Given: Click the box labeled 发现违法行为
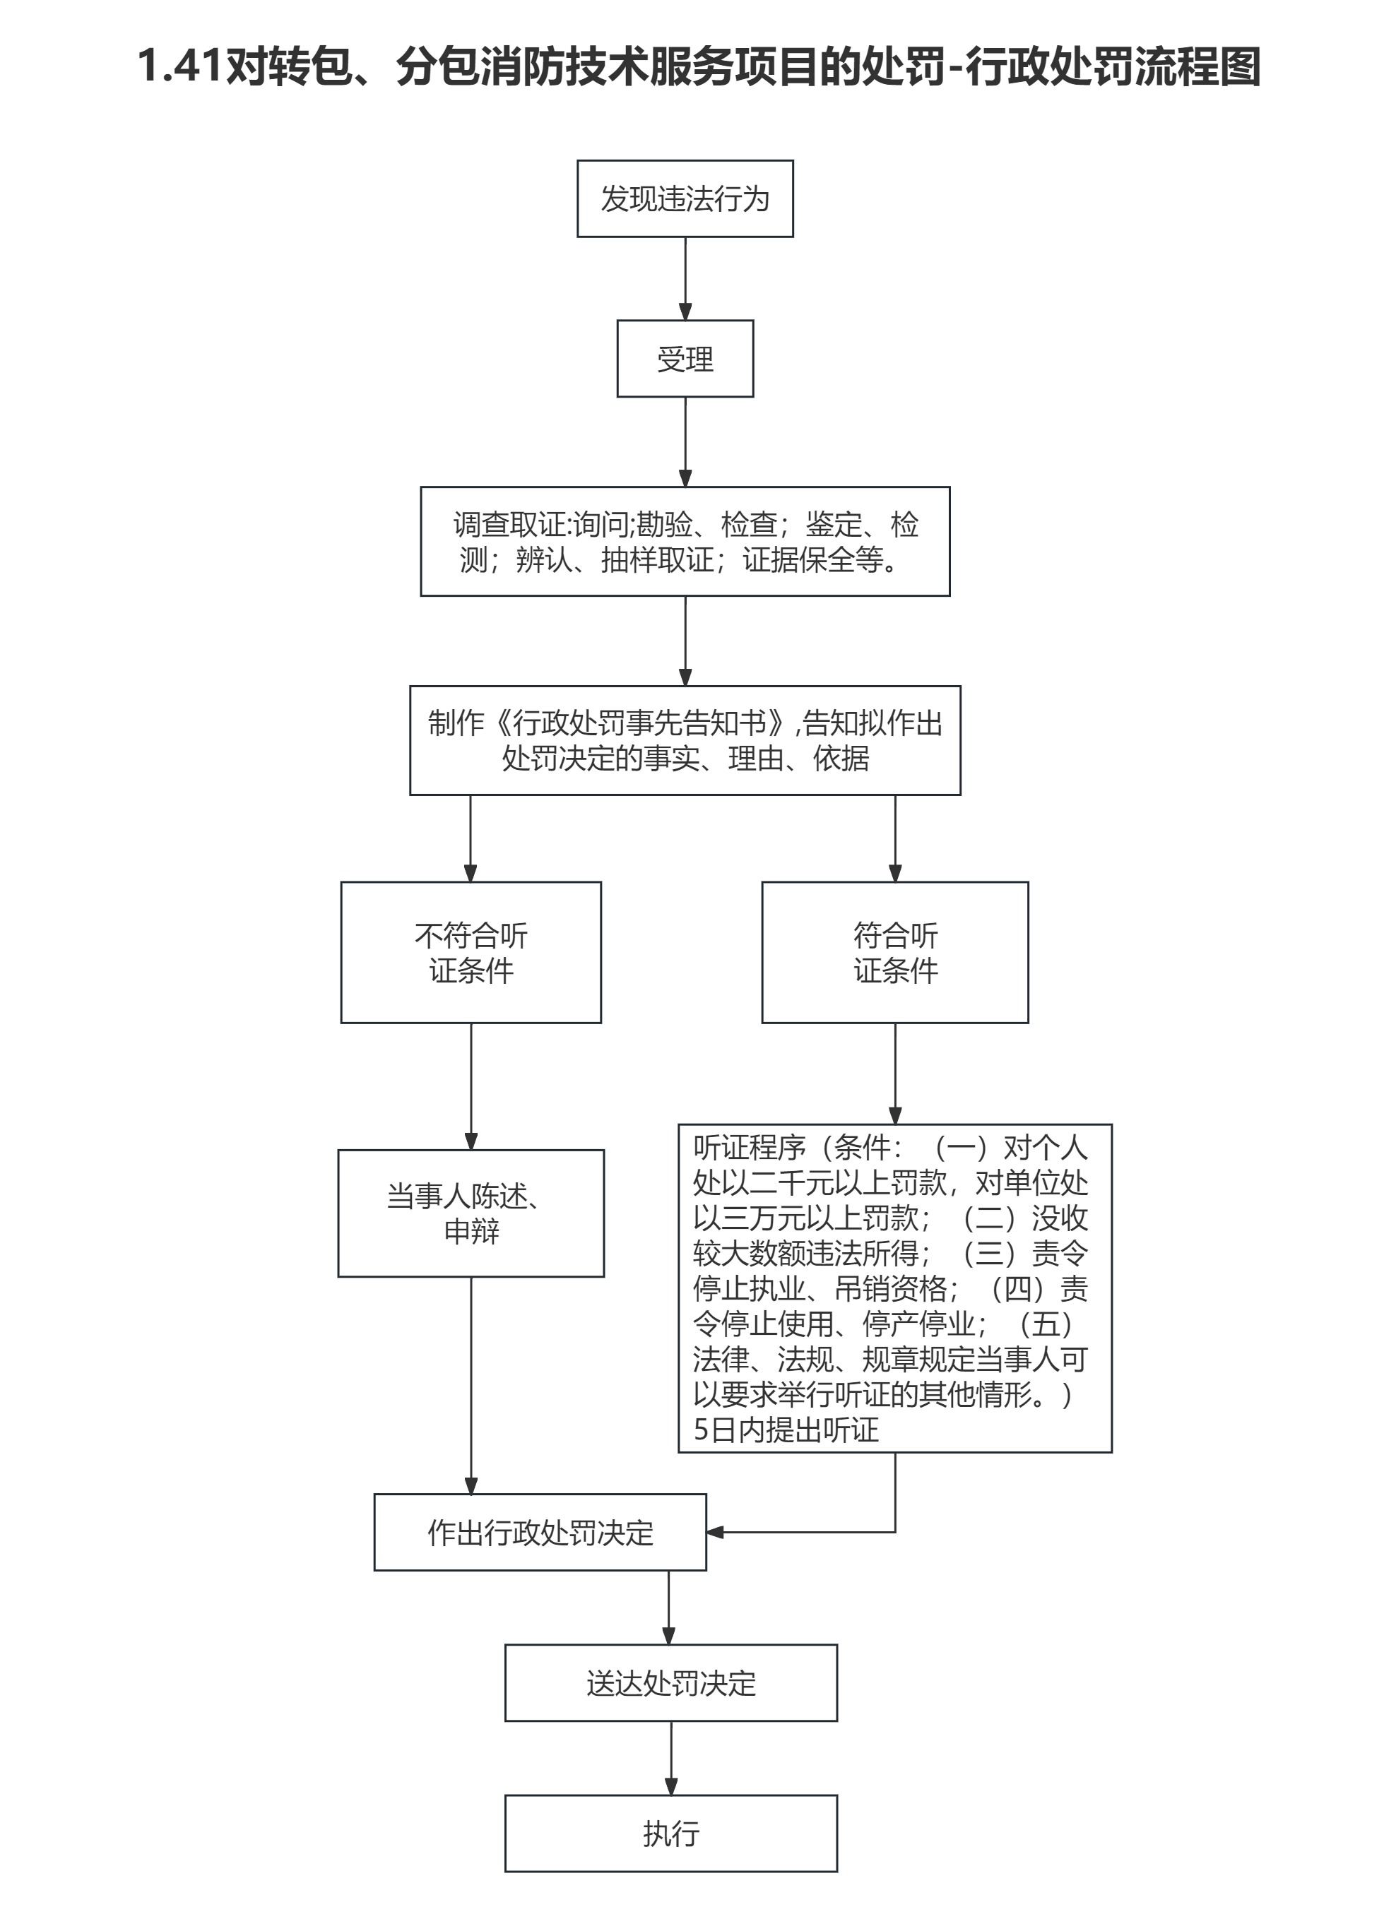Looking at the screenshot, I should point(685,198).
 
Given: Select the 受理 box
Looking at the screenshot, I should point(685,358).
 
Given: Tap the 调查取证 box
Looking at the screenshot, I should point(685,541).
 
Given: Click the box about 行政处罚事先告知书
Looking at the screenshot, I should point(685,740).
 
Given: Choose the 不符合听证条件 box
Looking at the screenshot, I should point(471,952).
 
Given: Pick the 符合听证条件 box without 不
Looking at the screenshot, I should point(895,952).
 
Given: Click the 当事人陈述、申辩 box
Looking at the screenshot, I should point(471,1213).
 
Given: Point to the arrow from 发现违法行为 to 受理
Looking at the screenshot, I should point(685,278).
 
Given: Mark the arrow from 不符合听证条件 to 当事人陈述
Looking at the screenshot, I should point(471,1086).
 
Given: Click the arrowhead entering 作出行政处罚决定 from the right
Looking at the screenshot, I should point(715,1532).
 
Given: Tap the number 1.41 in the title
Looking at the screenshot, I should point(180,66).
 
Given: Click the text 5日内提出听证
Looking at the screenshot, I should point(786,1430).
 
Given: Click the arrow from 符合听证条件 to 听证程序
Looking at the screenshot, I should point(895,1073).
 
